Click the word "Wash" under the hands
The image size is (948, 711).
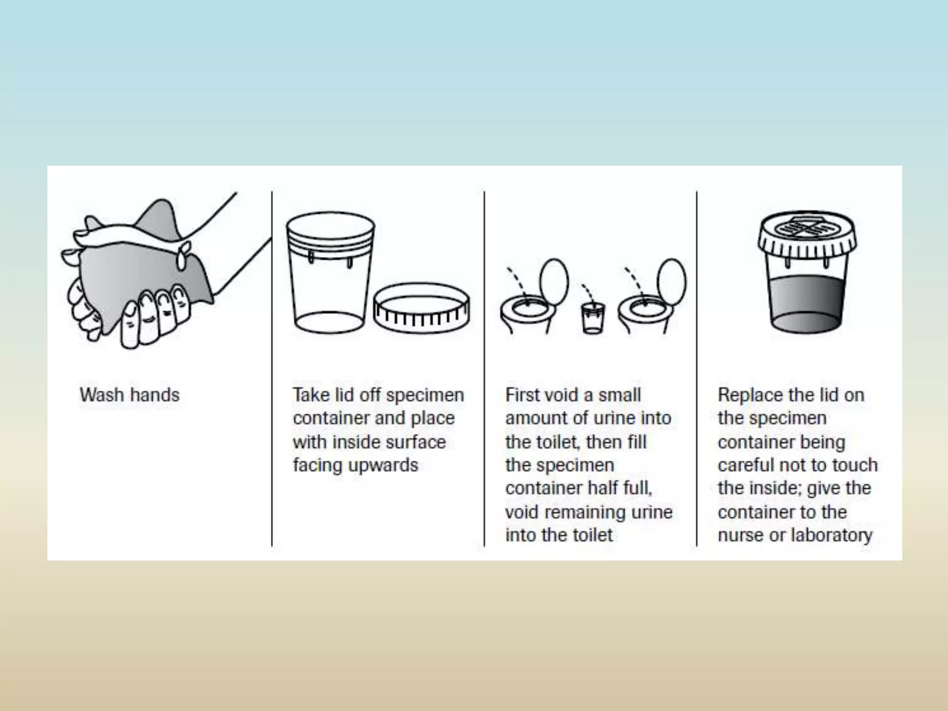point(102,395)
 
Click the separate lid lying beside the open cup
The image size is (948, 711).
point(421,308)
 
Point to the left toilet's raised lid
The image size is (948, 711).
point(554,282)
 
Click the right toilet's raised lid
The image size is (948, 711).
point(672,282)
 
